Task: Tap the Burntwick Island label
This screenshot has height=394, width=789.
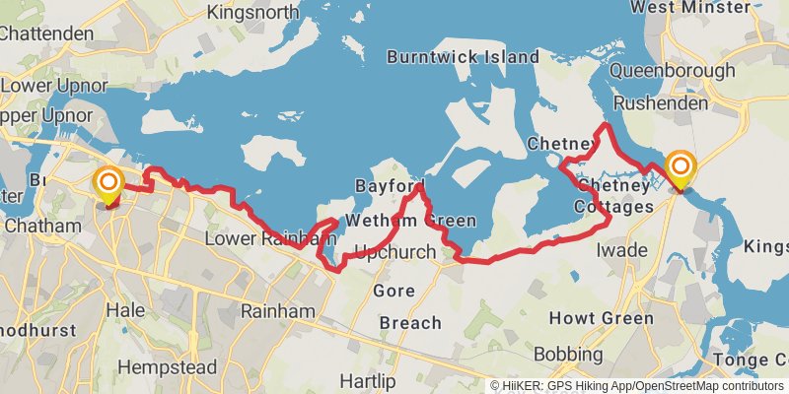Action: coord(463,57)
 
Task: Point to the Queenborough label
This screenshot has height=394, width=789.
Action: coord(673,71)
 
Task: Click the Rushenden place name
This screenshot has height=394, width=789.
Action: coord(661,102)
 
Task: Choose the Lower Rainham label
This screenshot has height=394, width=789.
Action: coord(260,239)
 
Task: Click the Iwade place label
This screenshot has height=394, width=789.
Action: coord(622,250)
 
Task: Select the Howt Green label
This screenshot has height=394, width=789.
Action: coord(602,318)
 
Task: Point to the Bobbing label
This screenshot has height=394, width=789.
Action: coord(568,354)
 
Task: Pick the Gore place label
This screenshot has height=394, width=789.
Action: coord(394,291)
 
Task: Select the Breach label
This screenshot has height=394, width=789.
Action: coord(410,323)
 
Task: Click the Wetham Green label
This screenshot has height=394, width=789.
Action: coord(409,221)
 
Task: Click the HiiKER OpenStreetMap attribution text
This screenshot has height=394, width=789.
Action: coord(637,385)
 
